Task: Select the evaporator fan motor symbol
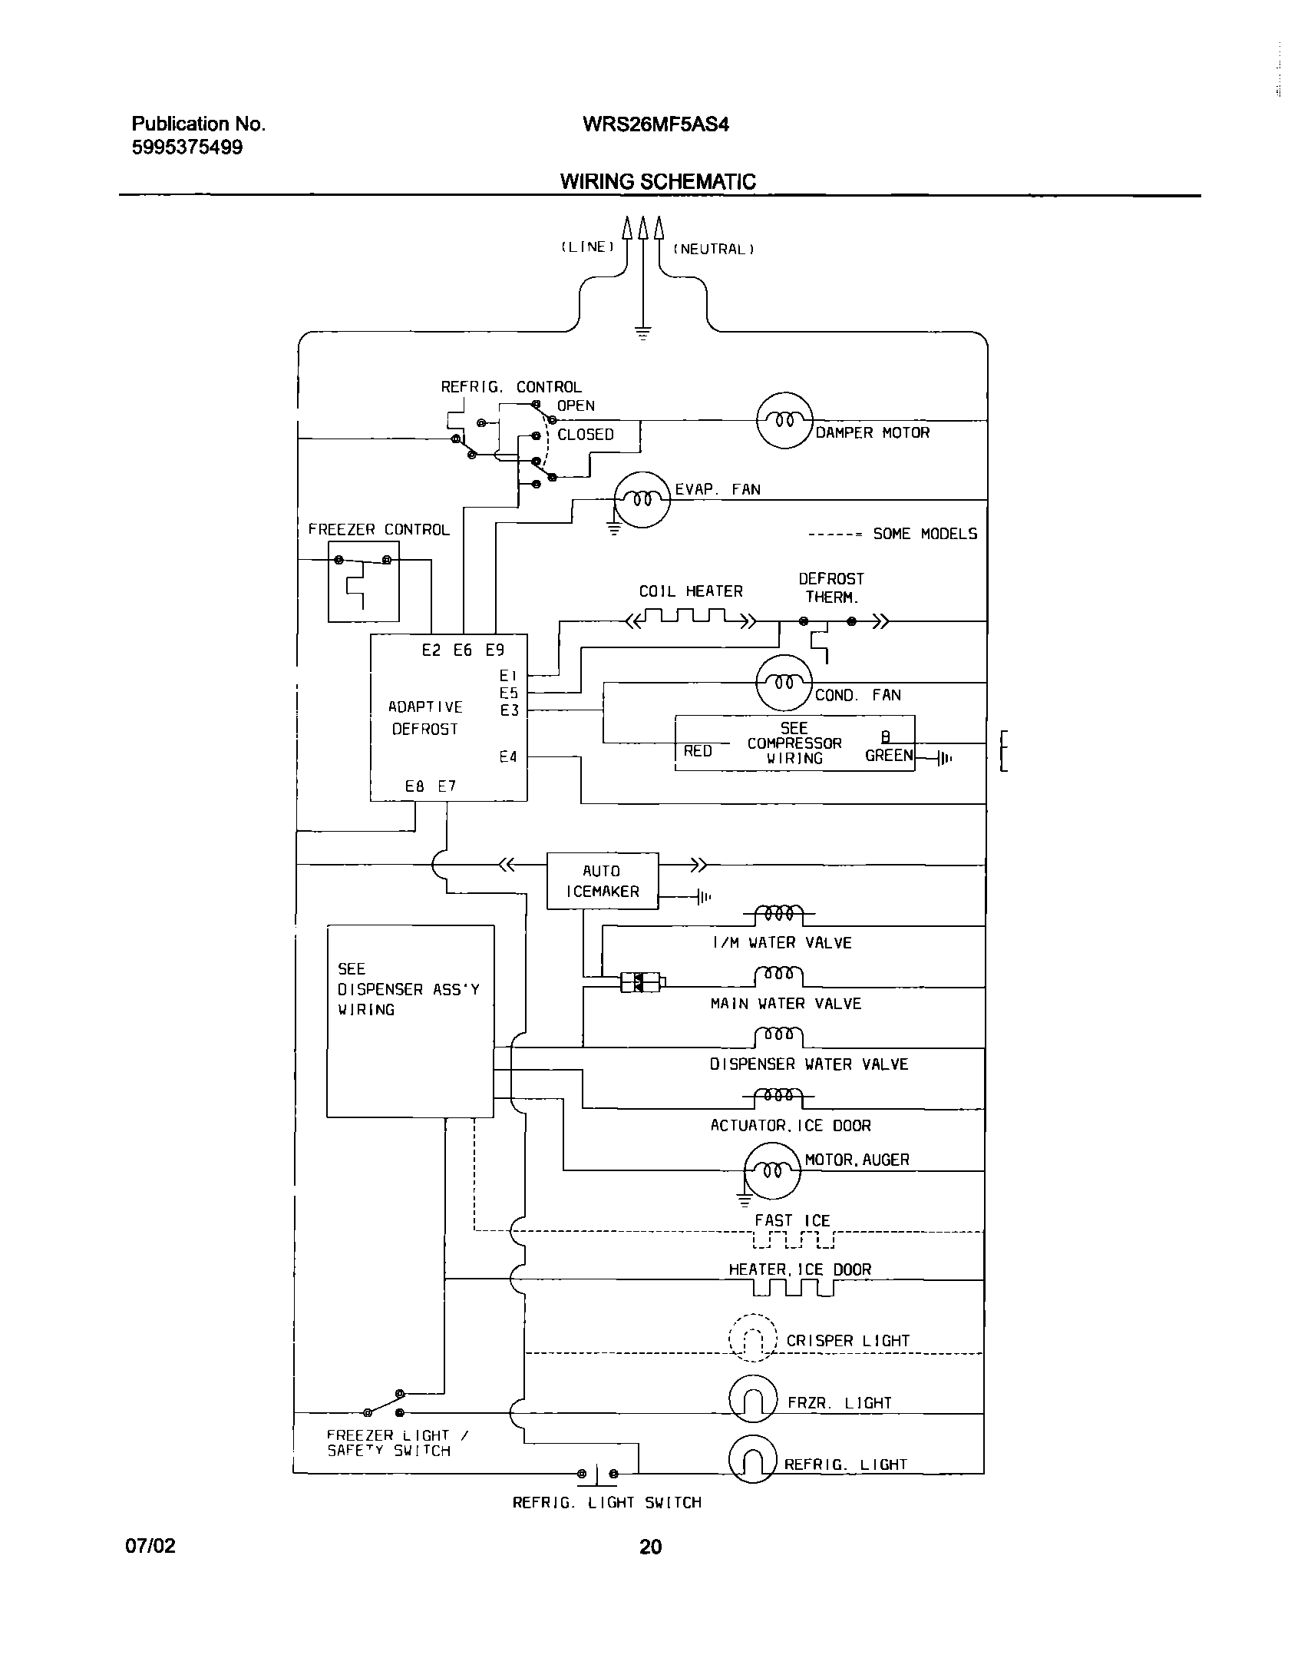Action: coord(642,499)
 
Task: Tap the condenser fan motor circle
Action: coord(784,682)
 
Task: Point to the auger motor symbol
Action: coord(772,1170)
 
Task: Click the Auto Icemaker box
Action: coord(602,881)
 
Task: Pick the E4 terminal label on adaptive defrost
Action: coord(507,756)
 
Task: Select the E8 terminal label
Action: coord(414,786)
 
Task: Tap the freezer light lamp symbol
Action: coord(753,1403)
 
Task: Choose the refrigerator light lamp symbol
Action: coord(753,1460)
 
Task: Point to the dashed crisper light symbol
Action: coord(753,1339)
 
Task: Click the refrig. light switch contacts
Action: coord(597,1474)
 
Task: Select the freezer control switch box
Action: coord(363,581)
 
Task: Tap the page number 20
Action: coord(649,1547)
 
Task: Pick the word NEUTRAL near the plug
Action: coord(713,249)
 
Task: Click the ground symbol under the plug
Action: coord(642,333)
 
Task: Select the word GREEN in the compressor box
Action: coord(888,755)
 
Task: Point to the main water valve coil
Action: coord(778,975)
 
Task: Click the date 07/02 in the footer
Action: coord(150,1545)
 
